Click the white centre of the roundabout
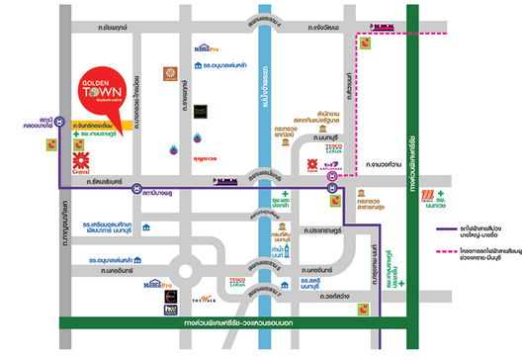pos(187,269)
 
